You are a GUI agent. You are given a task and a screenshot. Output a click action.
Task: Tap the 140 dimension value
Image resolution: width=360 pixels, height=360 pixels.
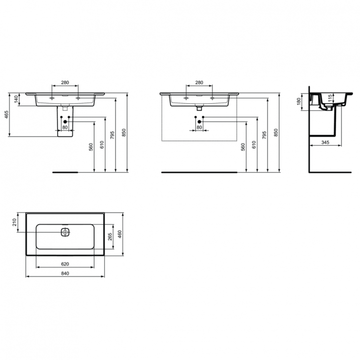coord(16,99)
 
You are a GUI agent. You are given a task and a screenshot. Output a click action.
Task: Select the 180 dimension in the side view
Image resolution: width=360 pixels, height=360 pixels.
coord(298,102)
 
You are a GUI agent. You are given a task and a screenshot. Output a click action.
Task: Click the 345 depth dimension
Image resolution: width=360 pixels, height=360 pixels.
coord(325,143)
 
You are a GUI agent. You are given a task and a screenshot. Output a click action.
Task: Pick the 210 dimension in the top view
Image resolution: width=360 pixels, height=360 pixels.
coord(15,222)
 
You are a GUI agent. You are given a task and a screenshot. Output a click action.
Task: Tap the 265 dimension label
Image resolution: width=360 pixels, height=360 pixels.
coord(110,237)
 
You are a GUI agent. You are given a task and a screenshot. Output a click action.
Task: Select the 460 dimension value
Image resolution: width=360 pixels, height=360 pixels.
coord(121,234)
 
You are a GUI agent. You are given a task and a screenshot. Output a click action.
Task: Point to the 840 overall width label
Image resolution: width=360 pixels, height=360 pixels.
coord(65,273)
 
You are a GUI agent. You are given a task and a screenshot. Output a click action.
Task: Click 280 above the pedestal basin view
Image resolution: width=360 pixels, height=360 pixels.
coord(65,83)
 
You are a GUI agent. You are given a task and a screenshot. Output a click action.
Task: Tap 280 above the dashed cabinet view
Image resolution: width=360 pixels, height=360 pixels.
coord(199,83)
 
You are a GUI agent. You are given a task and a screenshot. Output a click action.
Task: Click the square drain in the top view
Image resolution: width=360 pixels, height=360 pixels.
coord(65,233)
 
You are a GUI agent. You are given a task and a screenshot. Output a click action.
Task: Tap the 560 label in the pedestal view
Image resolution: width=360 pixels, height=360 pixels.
coord(91,147)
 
